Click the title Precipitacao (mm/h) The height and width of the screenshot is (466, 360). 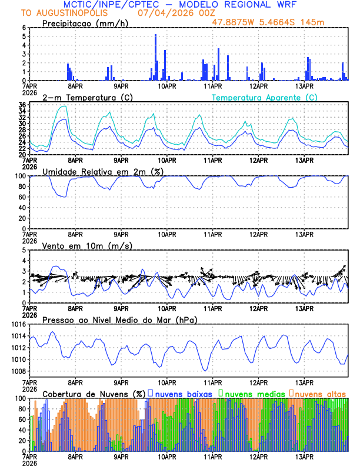pyautogui.click(x=85, y=24)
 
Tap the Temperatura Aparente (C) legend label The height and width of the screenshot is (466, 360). pyautogui.click(x=265, y=97)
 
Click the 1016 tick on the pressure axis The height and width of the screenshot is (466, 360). pyautogui.click(x=16, y=324)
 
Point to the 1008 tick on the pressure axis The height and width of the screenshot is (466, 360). pyautogui.click(x=16, y=371)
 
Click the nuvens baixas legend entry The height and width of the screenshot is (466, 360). pyautogui.click(x=182, y=393)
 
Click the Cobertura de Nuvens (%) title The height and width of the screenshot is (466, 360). pyautogui.click(x=94, y=393)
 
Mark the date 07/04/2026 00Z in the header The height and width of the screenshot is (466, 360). pyautogui.click(x=168, y=13)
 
